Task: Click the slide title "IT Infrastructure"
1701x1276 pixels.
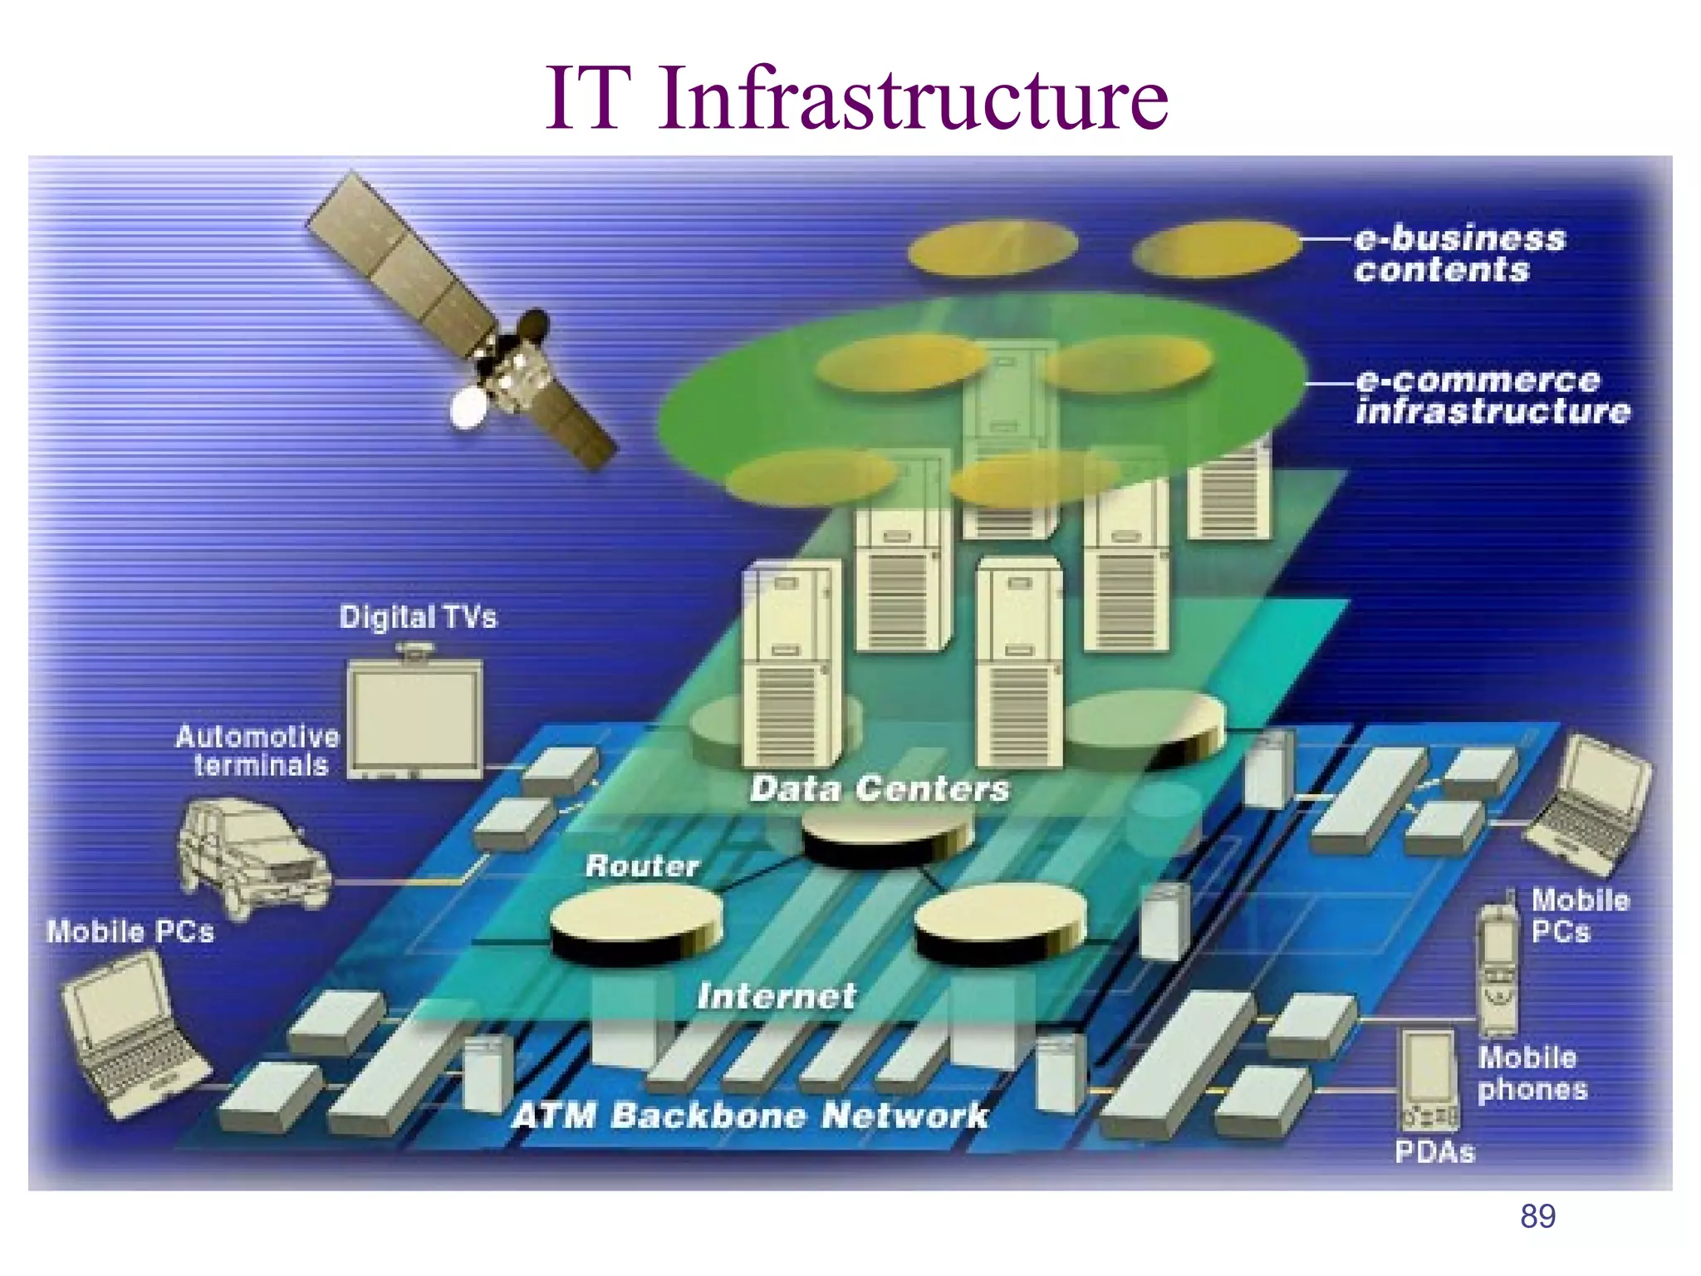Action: point(855,98)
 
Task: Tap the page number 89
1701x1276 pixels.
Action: point(1537,1217)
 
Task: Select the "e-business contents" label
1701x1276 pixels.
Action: point(1458,254)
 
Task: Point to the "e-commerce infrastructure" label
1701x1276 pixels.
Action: point(1492,396)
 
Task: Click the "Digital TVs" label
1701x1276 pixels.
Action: point(418,617)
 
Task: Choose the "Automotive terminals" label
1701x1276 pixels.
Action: point(257,751)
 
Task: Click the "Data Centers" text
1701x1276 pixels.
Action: point(880,788)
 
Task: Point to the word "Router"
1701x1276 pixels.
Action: point(642,866)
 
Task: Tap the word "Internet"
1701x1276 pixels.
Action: point(776,996)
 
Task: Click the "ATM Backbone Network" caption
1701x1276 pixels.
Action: point(750,1116)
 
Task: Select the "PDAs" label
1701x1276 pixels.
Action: point(1434,1152)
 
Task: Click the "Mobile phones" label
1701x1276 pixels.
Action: point(1532,1073)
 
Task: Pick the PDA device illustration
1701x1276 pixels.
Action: point(1429,1080)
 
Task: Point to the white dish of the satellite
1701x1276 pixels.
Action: point(468,407)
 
